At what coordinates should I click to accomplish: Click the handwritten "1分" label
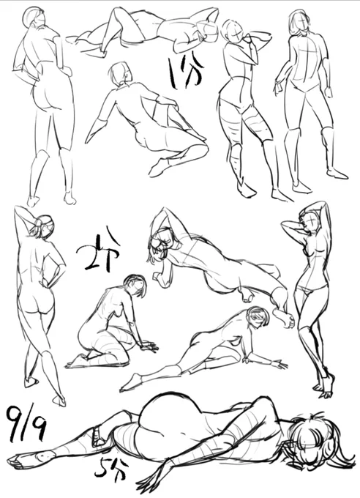(186, 73)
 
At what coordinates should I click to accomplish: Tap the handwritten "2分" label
(98, 250)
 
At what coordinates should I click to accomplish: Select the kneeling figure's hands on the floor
(149, 346)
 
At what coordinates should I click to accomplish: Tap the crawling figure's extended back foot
(130, 382)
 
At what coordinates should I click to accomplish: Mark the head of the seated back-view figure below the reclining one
(120, 74)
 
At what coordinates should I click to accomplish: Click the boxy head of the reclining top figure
(208, 31)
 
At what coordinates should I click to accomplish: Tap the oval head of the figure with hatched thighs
(233, 29)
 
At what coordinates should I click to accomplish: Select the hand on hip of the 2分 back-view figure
(47, 282)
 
